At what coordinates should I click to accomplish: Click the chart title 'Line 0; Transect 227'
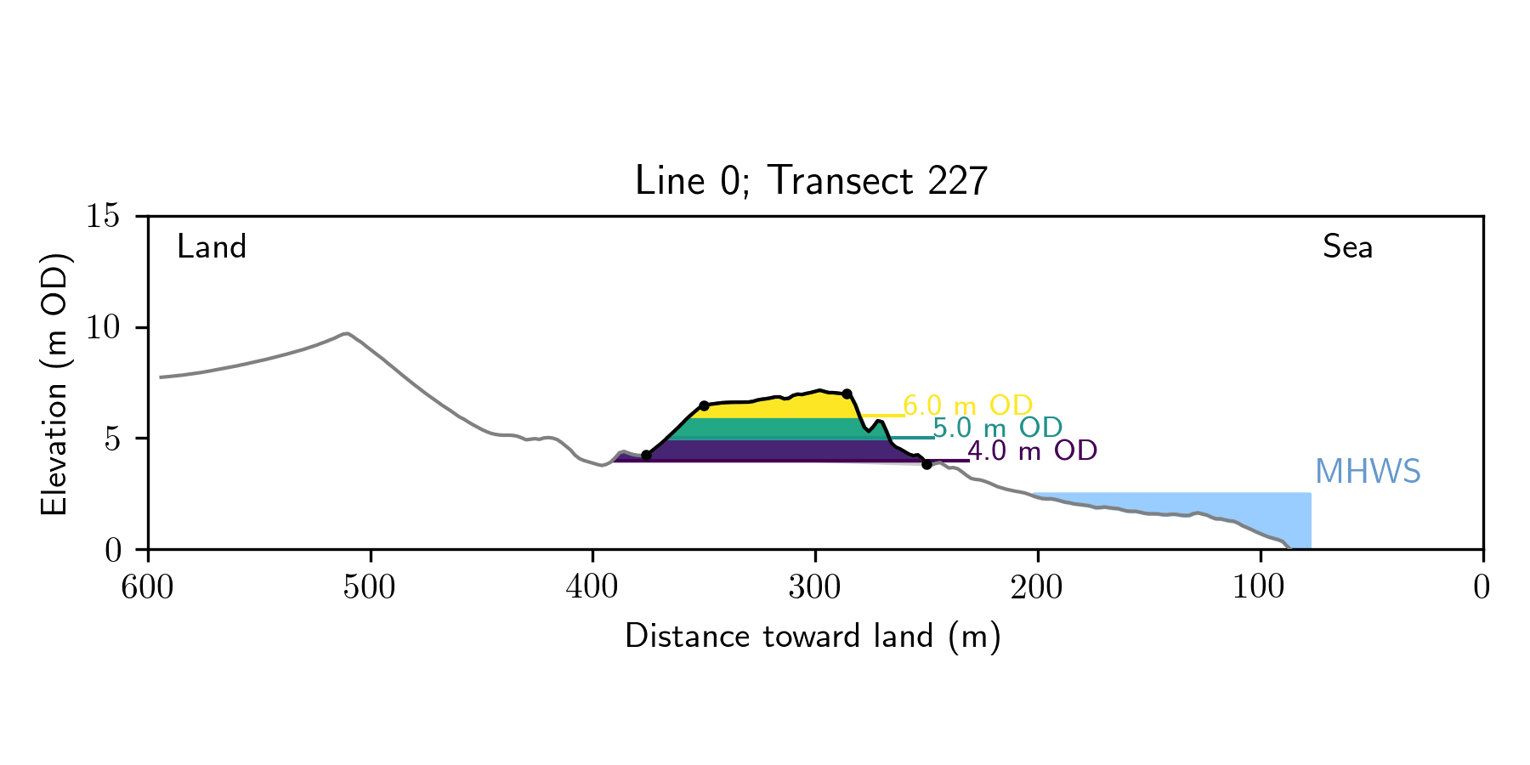coord(811,181)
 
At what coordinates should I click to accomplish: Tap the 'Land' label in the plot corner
coord(212,247)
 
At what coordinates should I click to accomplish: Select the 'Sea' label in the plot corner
coord(1347,247)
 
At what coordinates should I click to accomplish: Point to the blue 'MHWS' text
coord(1367,472)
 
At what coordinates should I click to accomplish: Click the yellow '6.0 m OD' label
coord(967,405)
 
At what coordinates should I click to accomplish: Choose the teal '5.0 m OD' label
coord(997,428)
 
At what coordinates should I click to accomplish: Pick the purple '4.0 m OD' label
coord(1032,450)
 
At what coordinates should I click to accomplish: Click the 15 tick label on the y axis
coord(102,216)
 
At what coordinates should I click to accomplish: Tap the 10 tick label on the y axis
coord(102,327)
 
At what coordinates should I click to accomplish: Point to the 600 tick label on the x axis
coord(148,587)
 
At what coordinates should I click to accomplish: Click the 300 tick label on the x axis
coord(815,587)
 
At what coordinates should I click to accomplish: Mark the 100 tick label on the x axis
coord(1260,587)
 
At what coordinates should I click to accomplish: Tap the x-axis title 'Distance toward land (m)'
coord(813,636)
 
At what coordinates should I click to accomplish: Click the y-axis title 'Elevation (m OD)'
coord(54,382)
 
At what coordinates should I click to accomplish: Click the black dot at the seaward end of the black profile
coord(926,464)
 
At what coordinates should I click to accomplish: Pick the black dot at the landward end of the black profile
coord(646,456)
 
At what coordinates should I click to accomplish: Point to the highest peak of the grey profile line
coord(347,333)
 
